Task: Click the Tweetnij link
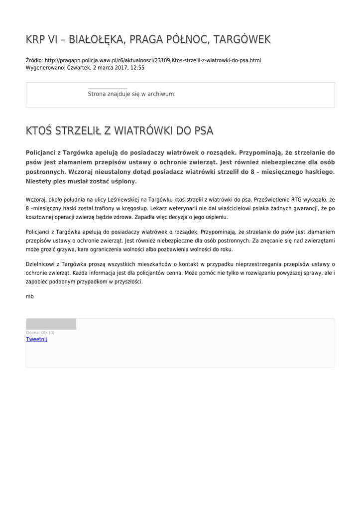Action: pyautogui.click(x=36, y=339)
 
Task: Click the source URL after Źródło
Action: pyautogui.click(x=152, y=60)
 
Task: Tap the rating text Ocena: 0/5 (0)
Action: pyautogui.click(x=40, y=332)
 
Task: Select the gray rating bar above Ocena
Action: pyautogui.click(x=51, y=324)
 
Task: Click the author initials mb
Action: pyautogui.click(x=30, y=296)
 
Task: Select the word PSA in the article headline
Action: pyautogui.click(x=204, y=131)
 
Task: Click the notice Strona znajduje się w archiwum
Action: pyautogui.click(x=131, y=94)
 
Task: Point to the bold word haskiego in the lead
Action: pyautogui.click(x=317, y=171)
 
